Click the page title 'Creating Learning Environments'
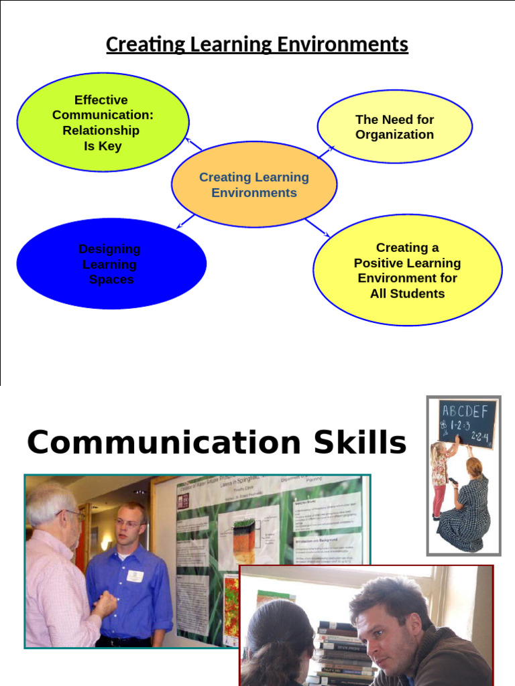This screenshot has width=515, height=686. pos(257,45)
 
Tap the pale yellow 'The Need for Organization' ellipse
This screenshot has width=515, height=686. pos(394,127)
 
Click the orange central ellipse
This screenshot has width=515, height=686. pos(254,185)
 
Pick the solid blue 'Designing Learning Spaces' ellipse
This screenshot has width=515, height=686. pos(111,264)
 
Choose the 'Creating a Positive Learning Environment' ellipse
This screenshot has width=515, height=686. pos(407,270)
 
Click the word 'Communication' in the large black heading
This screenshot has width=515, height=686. pos(164,443)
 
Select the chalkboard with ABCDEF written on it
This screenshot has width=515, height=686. pos(468,423)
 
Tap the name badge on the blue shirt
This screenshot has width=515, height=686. pos(135,575)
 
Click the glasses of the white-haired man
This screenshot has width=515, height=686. pos(73,514)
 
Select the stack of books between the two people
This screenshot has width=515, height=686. pos(345,650)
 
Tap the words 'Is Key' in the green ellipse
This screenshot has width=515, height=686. pos(103,146)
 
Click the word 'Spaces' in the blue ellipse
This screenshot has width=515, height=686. pos(111,280)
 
